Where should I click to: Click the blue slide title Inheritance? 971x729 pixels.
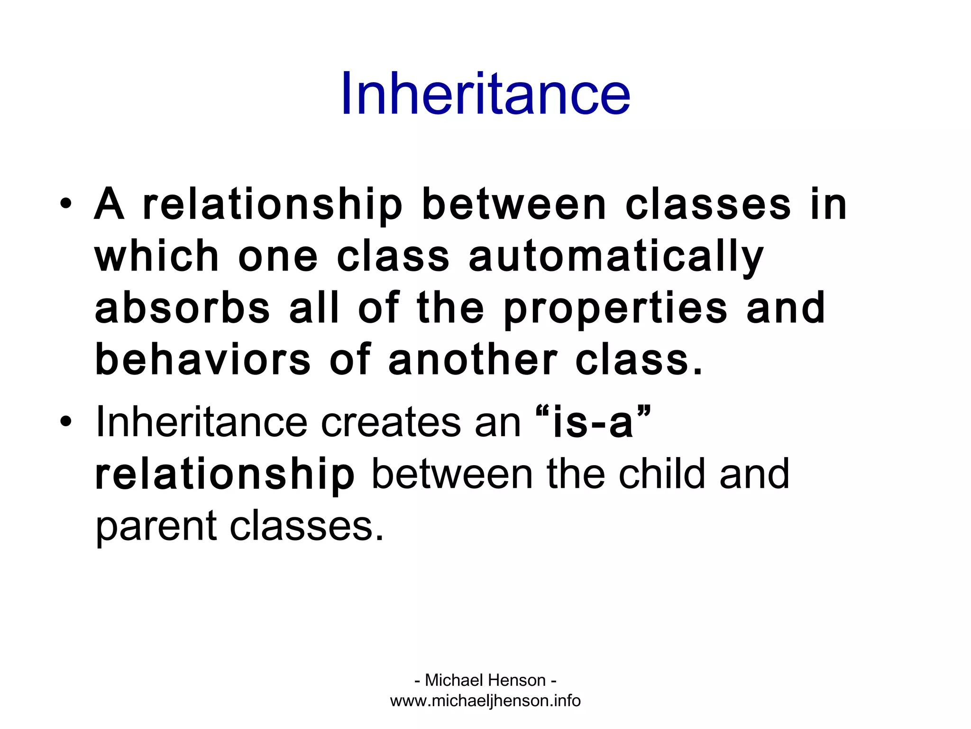(x=485, y=93)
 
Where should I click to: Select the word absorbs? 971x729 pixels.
(x=182, y=308)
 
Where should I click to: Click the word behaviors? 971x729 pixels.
(x=202, y=359)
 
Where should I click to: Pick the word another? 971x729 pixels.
(x=473, y=360)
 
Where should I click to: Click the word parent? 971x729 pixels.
(x=156, y=527)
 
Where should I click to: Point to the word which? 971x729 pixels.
(x=156, y=257)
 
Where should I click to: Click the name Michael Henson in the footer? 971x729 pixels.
(x=485, y=680)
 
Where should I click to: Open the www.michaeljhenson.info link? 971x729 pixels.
(x=485, y=701)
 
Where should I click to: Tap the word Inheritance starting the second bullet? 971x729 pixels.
(x=202, y=422)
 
